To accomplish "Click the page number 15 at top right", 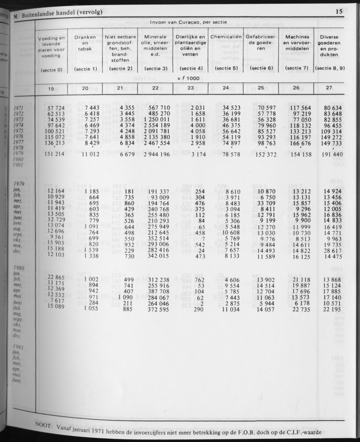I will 339,12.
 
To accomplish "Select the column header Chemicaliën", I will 226,37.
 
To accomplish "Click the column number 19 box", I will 51,88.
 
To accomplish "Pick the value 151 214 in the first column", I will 53,154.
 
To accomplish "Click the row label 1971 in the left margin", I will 19,108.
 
